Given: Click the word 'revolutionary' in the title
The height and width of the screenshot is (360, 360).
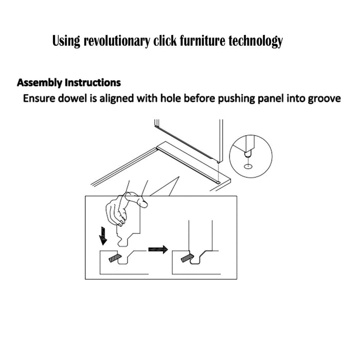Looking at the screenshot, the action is pos(117,41).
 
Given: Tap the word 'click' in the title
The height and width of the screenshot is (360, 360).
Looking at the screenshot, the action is pos(165,41).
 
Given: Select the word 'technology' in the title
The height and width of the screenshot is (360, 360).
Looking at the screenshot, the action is pos(256,41).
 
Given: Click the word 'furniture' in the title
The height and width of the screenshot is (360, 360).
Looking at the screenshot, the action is pos(203,41).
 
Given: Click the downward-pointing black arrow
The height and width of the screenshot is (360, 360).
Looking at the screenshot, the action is pos(103,236).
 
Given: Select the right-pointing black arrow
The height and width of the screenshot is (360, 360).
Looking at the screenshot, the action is pos(158,249).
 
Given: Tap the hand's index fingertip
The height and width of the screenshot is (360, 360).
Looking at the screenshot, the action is pos(145,204).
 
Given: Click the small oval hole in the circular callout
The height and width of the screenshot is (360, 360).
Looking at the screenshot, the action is pos(248,166).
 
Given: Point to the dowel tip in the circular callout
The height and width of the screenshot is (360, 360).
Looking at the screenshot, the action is pos(247,154).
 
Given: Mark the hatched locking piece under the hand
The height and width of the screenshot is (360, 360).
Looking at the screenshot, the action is pos(115,258).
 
